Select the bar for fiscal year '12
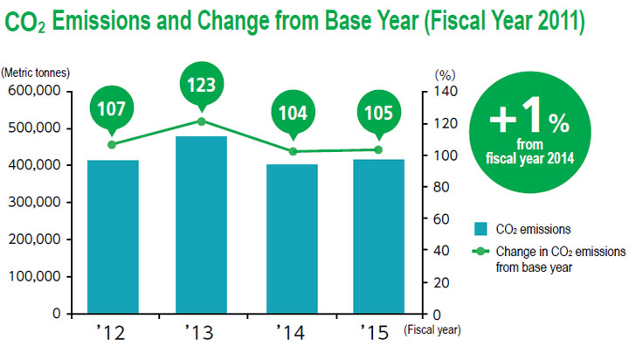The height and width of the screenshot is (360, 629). (x=113, y=236)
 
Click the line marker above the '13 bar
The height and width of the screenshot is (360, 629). (x=202, y=121)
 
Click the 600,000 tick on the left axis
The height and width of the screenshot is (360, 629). (x=33, y=91)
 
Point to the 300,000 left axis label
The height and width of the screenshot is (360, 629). (x=33, y=202)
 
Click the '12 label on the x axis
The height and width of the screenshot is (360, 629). (x=113, y=333)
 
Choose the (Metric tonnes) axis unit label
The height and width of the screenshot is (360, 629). (x=35, y=73)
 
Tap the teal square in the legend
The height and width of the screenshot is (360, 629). (x=480, y=229)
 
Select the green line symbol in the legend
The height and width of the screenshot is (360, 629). (x=480, y=252)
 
